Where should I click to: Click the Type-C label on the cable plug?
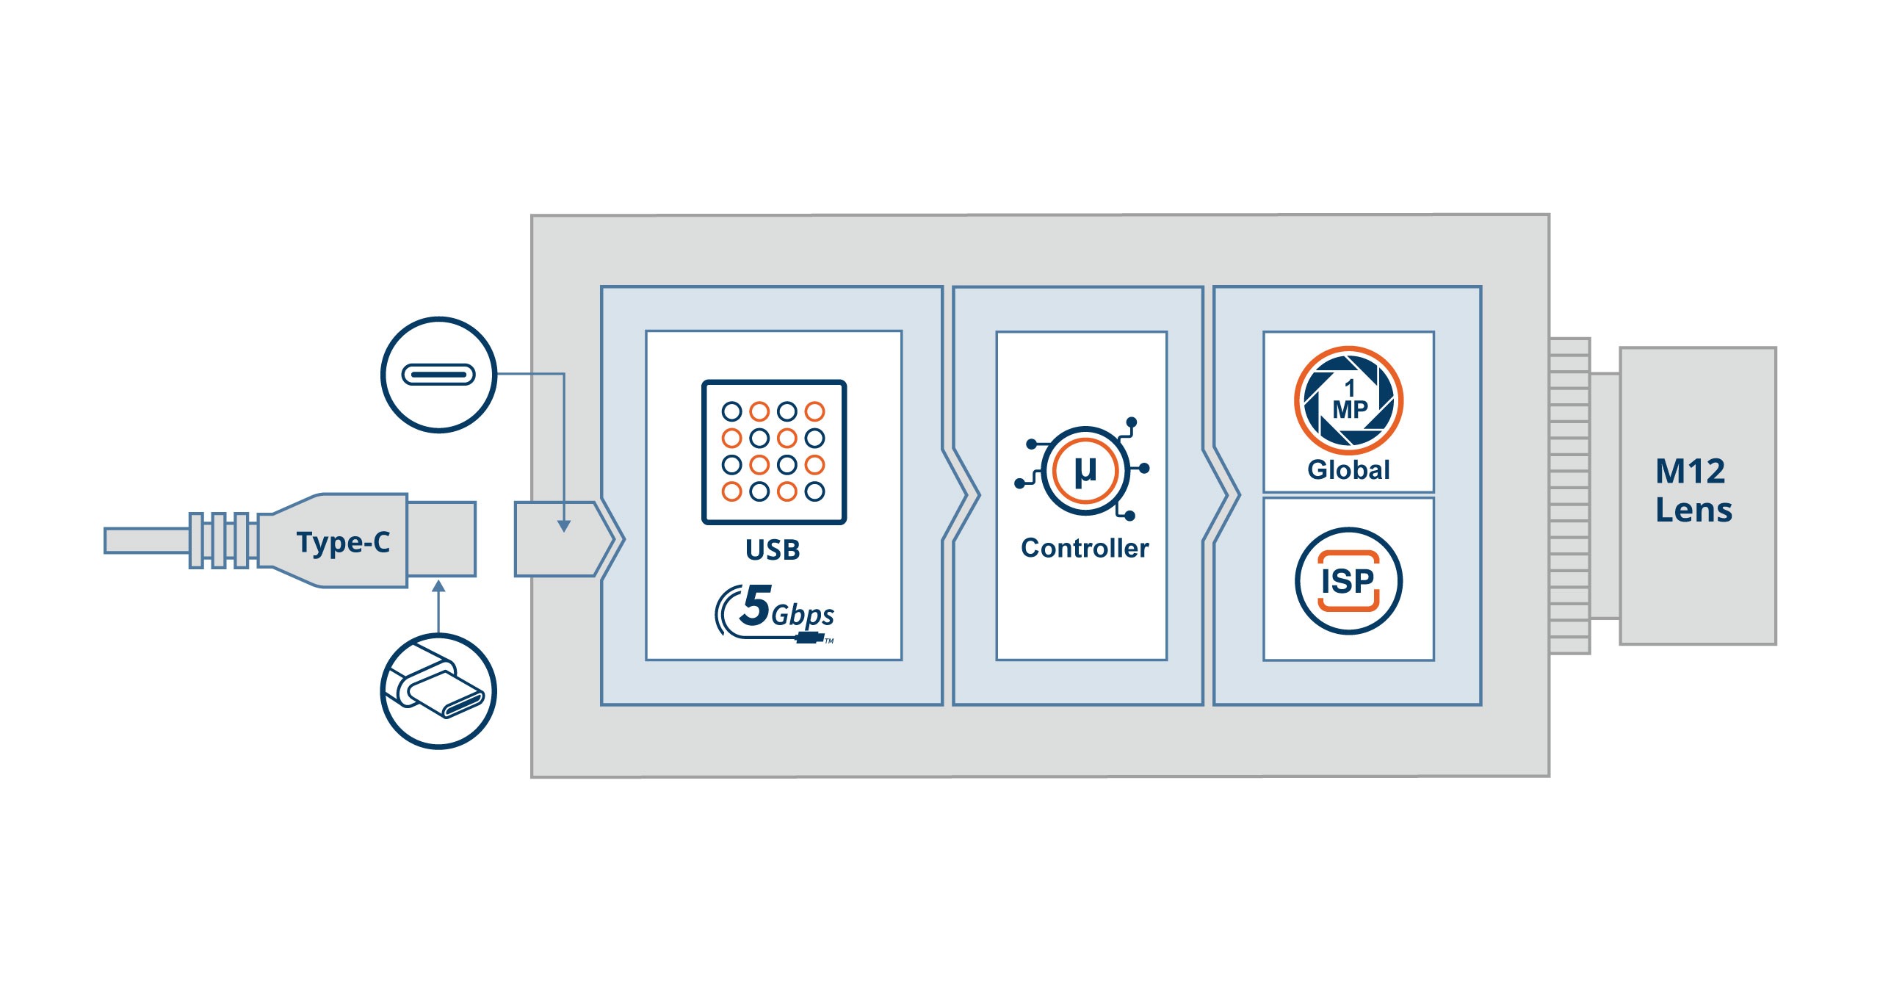(343, 542)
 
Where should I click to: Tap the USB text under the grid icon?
(773, 549)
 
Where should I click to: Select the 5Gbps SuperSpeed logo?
(776, 613)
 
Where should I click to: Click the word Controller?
(1085, 548)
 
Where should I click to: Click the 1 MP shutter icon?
(1348, 401)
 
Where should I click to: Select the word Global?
(1348, 470)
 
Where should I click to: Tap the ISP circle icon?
(1348, 581)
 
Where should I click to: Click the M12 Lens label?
(1693, 491)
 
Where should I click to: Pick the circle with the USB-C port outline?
(438, 375)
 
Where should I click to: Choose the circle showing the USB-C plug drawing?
(438, 691)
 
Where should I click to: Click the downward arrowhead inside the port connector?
(564, 526)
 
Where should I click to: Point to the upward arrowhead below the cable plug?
(438, 586)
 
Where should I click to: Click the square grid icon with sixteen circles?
(774, 452)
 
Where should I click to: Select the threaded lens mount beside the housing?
(1569, 496)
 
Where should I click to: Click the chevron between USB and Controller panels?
(961, 495)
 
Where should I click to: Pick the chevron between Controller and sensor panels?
(1221, 495)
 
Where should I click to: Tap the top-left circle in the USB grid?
(731, 411)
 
